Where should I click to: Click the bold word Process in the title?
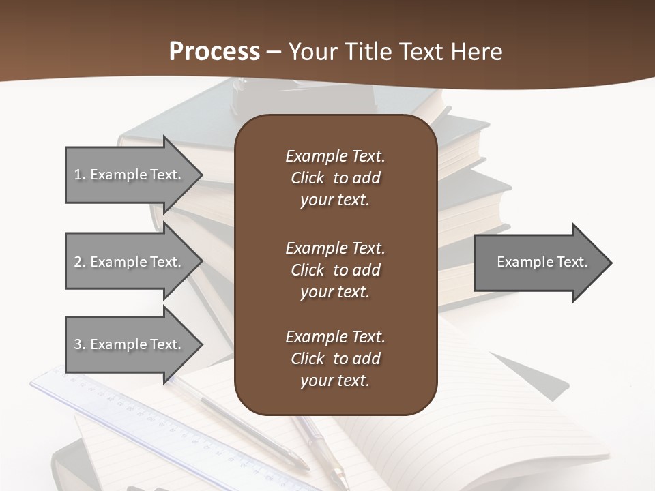[214, 51]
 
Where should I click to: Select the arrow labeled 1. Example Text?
[130, 175]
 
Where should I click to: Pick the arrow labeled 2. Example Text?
[130, 262]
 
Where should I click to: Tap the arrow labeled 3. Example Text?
[130, 344]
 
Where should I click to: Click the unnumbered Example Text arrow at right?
[542, 262]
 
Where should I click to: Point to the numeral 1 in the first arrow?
[78, 175]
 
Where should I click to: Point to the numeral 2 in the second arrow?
[78, 262]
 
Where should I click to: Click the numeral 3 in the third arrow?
[78, 344]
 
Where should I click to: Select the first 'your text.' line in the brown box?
[335, 200]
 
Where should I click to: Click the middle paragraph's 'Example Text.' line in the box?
[335, 248]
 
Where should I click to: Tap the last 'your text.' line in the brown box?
[335, 381]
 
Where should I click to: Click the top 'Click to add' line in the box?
[335, 178]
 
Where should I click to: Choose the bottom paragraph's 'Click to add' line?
[335, 359]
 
